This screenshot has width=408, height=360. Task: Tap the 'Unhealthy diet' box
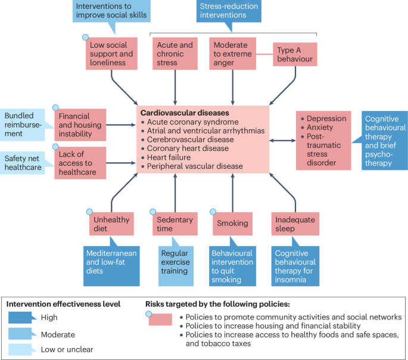pos(111,224)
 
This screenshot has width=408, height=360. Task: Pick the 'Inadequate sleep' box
pos(294,224)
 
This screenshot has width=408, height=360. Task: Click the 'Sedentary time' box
pos(174,224)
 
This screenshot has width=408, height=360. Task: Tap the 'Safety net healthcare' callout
pos(24,163)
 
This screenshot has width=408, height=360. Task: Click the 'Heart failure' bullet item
pos(173,157)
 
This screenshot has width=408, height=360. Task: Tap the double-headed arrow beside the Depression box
pos(282,141)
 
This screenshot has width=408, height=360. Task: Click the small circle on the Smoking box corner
pos(213,212)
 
